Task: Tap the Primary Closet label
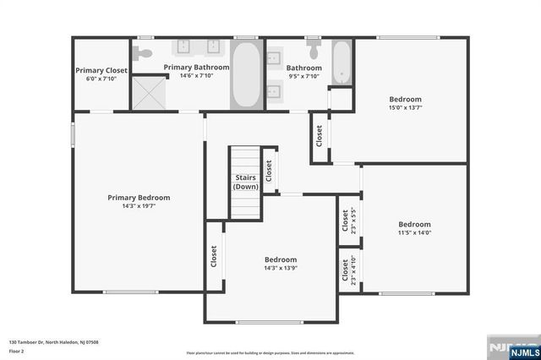pyautogui.click(x=101, y=70)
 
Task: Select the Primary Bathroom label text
pyautogui.click(x=196, y=67)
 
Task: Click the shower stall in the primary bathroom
pyautogui.click(x=148, y=92)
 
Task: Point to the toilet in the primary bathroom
pyautogui.click(x=145, y=53)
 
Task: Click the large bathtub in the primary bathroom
pyautogui.click(x=245, y=75)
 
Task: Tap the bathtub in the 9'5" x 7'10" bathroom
pyautogui.click(x=342, y=62)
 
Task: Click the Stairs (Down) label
pyautogui.click(x=245, y=182)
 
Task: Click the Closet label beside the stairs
pyautogui.click(x=268, y=172)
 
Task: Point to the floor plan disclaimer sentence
pyautogui.click(x=270, y=352)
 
